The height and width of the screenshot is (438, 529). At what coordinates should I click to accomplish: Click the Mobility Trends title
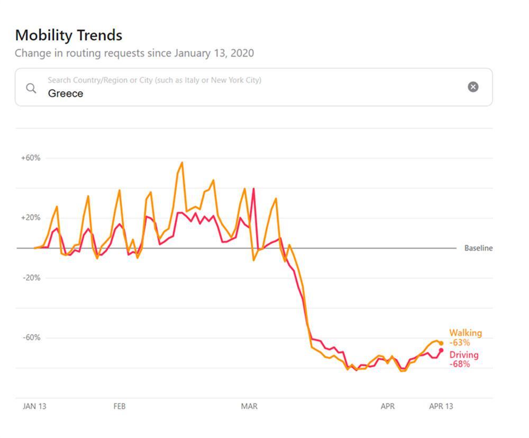[69, 35]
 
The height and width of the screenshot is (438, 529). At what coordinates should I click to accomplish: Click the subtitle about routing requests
[134, 53]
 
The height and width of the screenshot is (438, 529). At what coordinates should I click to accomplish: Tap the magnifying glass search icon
[32, 88]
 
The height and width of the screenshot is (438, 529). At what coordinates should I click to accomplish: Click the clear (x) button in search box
[473, 87]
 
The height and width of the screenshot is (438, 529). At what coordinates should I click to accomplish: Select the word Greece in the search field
[66, 94]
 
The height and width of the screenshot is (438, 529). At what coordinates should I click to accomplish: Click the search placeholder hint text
[154, 80]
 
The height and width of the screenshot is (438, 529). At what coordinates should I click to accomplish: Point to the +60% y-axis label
[31, 158]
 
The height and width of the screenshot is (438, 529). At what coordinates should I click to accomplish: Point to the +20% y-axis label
[31, 218]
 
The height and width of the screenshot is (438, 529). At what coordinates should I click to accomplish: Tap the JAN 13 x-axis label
[34, 406]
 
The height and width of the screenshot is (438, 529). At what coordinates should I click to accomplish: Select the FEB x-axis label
[120, 406]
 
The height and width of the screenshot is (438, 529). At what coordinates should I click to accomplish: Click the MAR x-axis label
[249, 406]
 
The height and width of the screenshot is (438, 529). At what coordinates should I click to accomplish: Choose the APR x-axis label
[388, 406]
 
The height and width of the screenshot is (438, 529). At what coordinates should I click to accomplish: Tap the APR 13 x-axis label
[441, 406]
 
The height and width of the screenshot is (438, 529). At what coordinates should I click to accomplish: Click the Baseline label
[478, 248]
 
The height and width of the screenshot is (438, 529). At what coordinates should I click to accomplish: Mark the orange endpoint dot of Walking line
[441, 343]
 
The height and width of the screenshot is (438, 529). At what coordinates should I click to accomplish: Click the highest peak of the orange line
[182, 163]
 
